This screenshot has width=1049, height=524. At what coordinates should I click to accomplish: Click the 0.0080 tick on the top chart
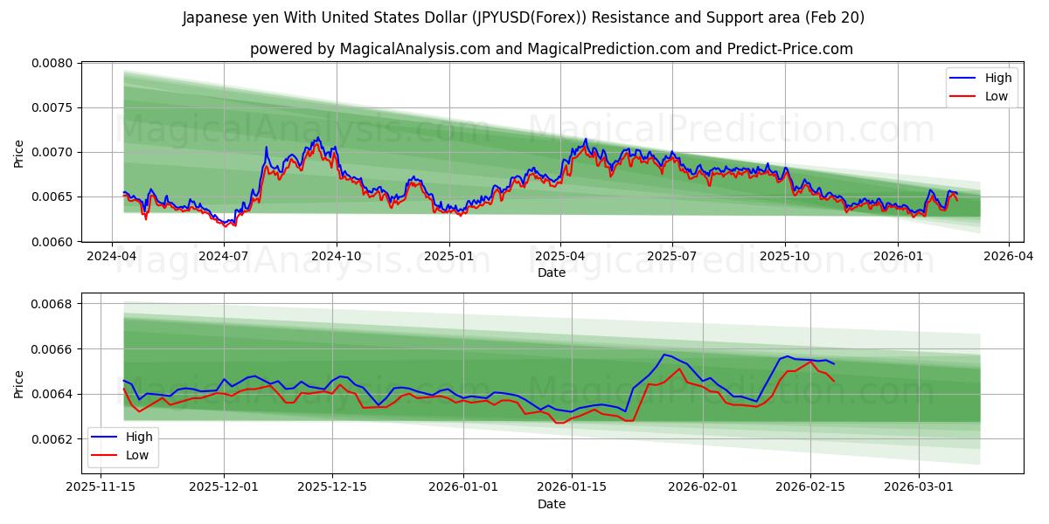click(x=55, y=63)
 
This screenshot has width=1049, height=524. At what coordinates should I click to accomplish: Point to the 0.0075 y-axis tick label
click(x=55, y=107)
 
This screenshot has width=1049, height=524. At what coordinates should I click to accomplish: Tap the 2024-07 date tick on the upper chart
click(x=224, y=256)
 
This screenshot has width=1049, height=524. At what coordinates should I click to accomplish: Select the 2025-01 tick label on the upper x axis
click(x=448, y=256)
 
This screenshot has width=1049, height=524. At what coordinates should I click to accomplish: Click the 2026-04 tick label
click(x=1009, y=256)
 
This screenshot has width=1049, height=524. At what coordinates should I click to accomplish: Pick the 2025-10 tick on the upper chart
click(x=784, y=256)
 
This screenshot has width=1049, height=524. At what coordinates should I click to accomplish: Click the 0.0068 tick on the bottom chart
click(x=55, y=304)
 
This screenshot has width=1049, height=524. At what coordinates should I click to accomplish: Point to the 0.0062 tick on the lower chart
click(x=55, y=439)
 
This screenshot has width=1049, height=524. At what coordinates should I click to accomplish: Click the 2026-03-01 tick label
click(x=919, y=487)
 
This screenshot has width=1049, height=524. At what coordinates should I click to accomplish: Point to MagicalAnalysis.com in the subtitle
click(x=413, y=49)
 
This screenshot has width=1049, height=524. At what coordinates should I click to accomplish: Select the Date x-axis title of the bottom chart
click(x=552, y=504)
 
